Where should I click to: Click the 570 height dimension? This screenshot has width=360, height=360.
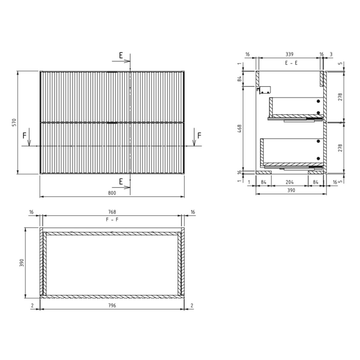14,122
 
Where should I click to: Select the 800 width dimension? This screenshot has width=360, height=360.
112,193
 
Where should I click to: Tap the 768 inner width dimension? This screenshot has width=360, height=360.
112,212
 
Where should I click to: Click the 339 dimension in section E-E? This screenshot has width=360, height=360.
289,54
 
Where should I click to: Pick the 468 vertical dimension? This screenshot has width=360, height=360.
239,129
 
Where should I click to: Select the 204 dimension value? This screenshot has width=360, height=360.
289,182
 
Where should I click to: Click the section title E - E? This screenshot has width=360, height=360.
291,63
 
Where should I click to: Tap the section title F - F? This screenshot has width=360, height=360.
112,220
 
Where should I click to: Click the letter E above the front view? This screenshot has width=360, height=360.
121,55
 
